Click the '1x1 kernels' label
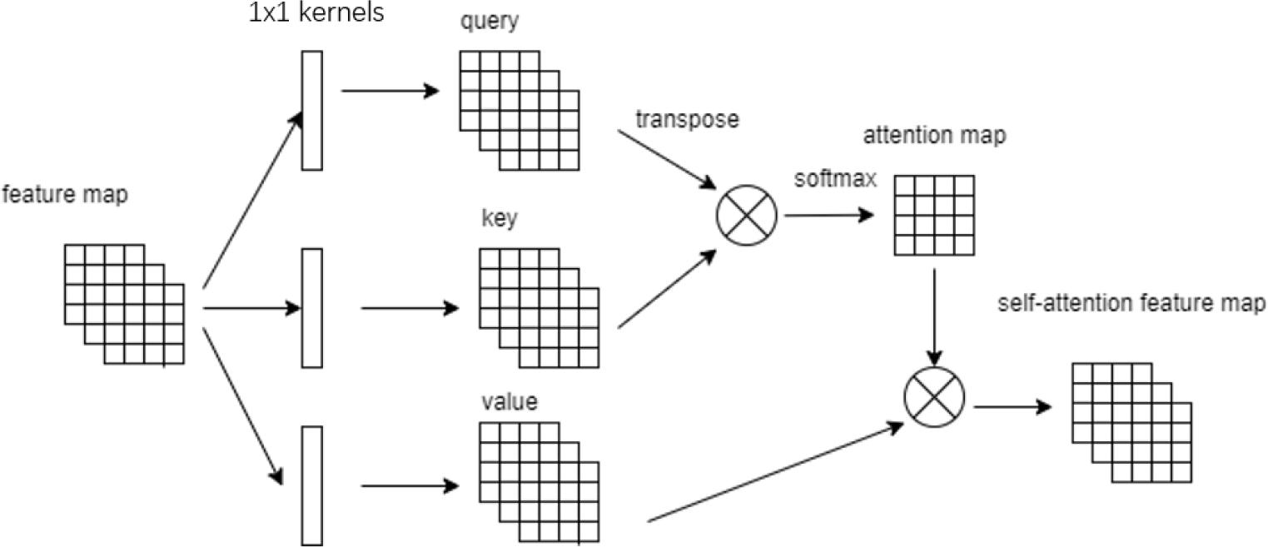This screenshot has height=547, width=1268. tap(316, 14)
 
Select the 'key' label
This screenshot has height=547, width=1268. tap(500, 219)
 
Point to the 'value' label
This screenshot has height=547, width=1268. tap(510, 402)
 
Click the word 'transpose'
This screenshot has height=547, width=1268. tap(687, 119)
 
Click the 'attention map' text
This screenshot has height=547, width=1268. tap(933, 136)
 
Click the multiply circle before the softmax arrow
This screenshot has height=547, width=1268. tap(746, 214)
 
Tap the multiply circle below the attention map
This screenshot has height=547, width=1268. tap(934, 397)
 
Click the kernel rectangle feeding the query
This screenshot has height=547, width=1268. tap(311, 110)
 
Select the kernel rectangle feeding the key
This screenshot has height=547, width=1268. tap(311, 308)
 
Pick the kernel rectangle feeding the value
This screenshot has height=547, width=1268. tap(311, 485)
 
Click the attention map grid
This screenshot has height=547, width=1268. tap(934, 215)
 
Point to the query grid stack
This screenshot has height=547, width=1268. tap(518, 108)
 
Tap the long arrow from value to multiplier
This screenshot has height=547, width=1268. tap(774, 473)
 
